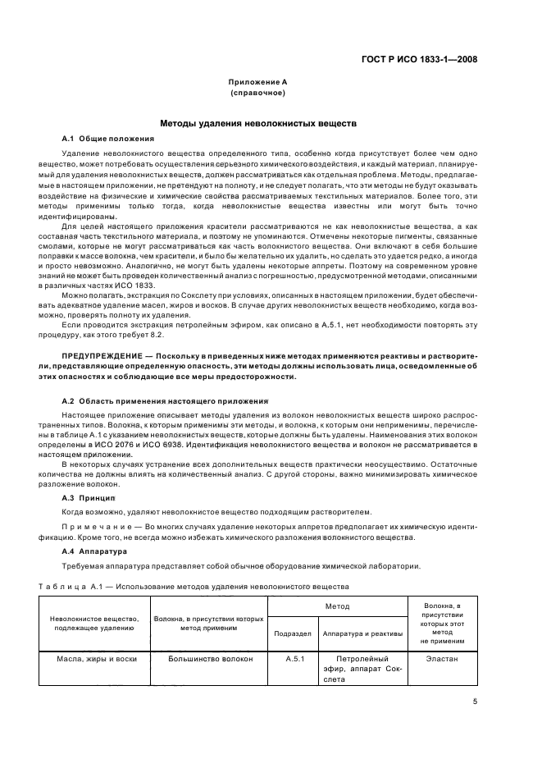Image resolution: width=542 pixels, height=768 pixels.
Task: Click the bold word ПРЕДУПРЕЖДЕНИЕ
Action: [101, 354]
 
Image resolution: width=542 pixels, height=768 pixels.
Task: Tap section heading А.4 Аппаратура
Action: [95, 552]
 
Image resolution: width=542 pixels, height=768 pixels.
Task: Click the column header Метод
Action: [337, 608]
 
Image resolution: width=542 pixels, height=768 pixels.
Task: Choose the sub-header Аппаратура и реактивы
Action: [362, 633]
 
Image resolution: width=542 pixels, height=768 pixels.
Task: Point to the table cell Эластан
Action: [443, 658]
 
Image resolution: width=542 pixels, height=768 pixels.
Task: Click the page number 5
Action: [475, 702]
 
